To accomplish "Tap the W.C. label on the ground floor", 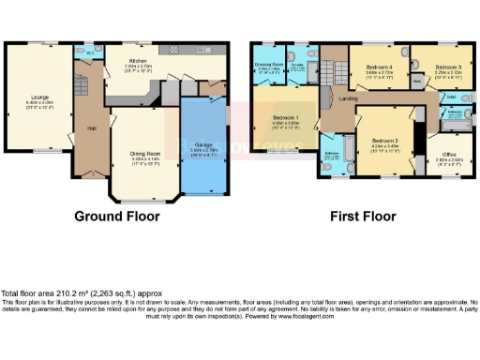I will (x=88, y=53).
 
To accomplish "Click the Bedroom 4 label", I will (x=377, y=67).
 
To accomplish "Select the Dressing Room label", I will (x=270, y=64).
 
